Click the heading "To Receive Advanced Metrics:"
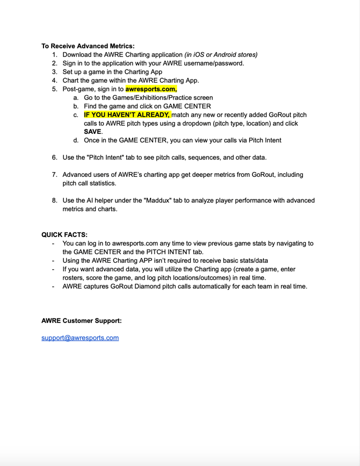[88, 46]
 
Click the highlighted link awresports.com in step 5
[151, 89]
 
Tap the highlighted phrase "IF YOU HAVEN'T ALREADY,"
[127, 114]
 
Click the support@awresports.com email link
[80, 338]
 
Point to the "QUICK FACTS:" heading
[64, 234]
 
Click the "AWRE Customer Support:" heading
[82, 320]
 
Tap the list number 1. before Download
[55, 54]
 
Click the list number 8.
[55, 200]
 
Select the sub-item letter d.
[76, 140]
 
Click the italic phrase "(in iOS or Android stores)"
[221, 54]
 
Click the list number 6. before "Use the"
[55, 157]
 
